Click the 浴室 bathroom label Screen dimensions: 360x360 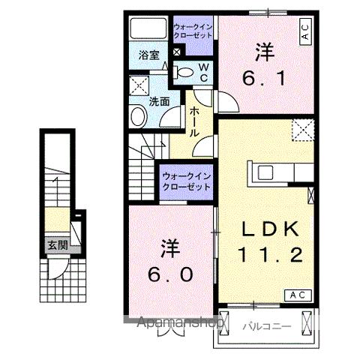pyautogui.click(x=148, y=55)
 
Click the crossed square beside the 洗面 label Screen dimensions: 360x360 pyautogui.click(x=137, y=85)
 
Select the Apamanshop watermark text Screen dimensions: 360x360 pyautogui.click(x=179, y=324)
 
